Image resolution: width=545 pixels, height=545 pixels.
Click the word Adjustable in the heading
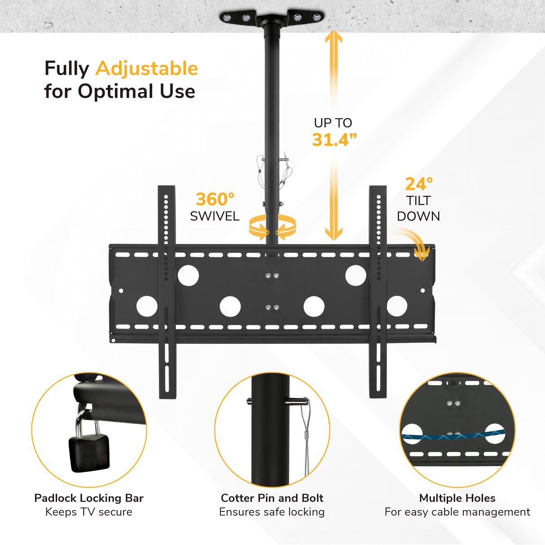point(147,69)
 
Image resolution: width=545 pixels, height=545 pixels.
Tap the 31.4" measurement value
point(334,140)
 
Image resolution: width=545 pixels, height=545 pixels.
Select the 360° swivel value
point(215,199)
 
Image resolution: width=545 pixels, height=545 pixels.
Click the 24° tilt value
point(419,184)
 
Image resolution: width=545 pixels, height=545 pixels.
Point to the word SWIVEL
point(215,216)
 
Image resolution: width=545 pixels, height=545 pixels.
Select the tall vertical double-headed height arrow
point(334,135)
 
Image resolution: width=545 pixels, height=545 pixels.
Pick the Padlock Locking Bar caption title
point(89,498)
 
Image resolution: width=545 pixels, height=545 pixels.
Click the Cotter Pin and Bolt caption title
point(272,498)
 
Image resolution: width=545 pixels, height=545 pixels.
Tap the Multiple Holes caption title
point(457,498)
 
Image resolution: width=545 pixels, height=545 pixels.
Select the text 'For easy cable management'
point(457,512)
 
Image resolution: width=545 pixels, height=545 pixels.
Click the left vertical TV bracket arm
point(167,292)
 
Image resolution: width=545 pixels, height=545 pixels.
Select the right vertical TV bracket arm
point(378,292)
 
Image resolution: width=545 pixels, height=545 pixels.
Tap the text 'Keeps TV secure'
point(89,512)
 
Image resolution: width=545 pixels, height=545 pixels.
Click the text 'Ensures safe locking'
point(272,512)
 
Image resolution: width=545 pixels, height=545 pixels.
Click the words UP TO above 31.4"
point(333,123)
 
